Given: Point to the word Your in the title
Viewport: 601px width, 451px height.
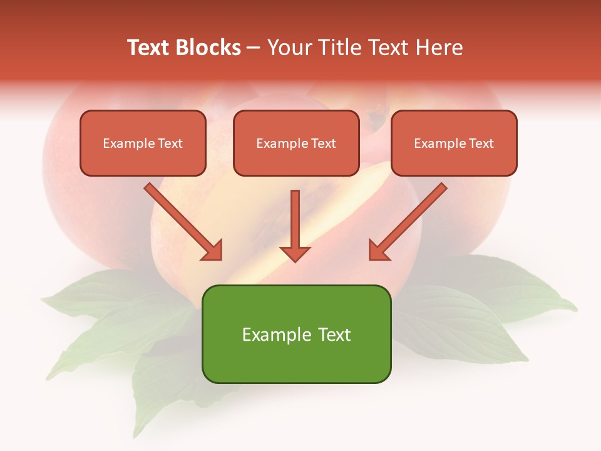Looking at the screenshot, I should point(289,48).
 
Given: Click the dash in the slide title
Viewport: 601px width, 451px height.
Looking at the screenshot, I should point(254,48).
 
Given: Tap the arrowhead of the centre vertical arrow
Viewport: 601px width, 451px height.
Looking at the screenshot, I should point(295,253).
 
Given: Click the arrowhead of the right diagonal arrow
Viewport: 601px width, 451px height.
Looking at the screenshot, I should point(378,251).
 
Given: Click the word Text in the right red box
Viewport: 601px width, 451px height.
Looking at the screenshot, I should point(481,143).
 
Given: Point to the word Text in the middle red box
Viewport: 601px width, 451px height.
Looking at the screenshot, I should point(323,143).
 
